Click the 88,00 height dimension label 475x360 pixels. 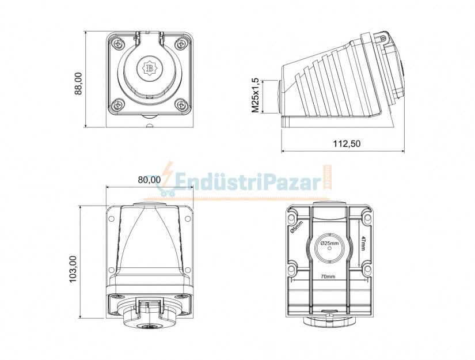coord(78,84)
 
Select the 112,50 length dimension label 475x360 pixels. coord(347,143)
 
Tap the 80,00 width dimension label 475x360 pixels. coord(149,180)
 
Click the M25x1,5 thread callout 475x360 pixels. coord(256,95)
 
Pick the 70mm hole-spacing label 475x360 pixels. coord(328,276)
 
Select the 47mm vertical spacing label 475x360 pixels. coord(363,244)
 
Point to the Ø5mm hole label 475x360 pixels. coord(297,227)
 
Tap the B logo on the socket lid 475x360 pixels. coord(149,68)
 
